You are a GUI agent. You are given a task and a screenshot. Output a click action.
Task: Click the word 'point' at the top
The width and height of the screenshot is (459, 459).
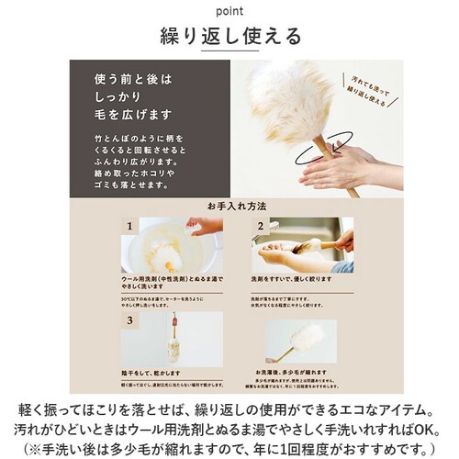tap(229, 12)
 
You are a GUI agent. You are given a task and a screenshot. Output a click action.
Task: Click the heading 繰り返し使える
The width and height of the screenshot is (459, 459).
tap(229, 37)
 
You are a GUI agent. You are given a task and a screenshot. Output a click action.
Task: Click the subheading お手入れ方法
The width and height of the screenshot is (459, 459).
tap(229, 207)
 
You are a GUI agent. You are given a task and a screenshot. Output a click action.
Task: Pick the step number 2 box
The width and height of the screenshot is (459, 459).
tap(260, 225)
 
